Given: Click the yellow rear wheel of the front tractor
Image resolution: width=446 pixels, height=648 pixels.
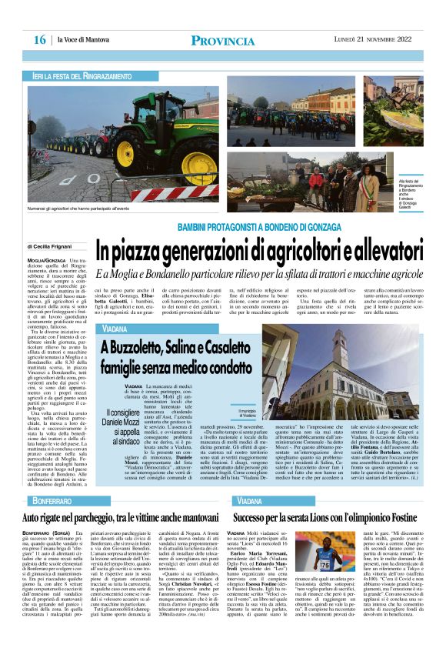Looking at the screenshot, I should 188,156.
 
